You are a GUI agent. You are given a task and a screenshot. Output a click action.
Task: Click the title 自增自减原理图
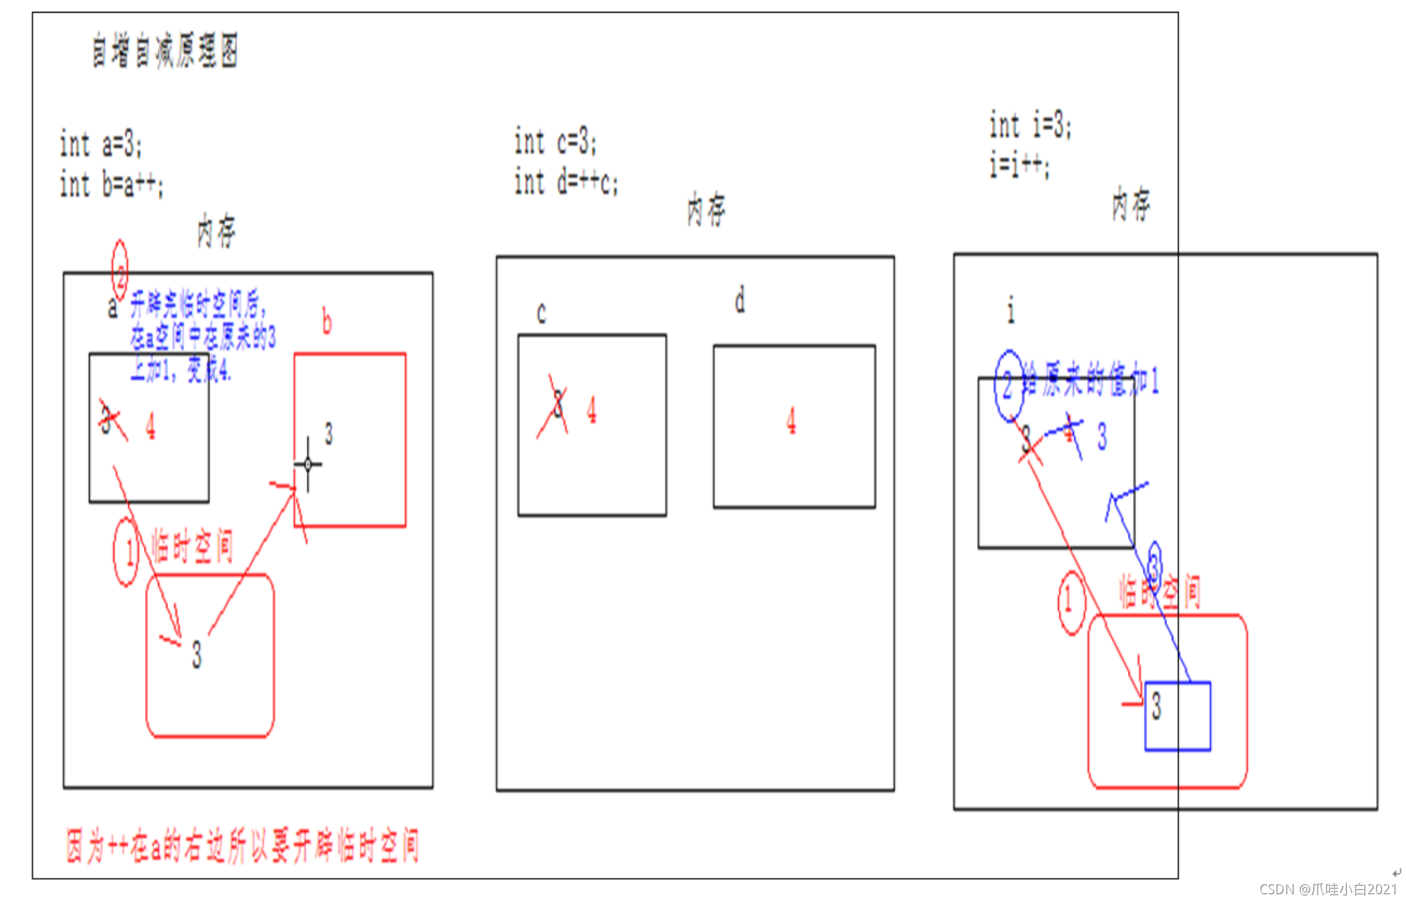(x=165, y=51)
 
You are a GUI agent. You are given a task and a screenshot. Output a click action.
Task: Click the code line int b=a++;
(x=111, y=185)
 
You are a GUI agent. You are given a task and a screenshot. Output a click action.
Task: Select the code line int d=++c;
(x=566, y=182)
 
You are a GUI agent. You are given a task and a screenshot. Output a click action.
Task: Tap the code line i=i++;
(x=1019, y=166)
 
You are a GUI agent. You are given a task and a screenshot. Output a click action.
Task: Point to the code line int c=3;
(x=555, y=142)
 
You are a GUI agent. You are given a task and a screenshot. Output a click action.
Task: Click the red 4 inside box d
(x=791, y=421)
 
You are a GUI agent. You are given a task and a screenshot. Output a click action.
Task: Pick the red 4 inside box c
(x=591, y=410)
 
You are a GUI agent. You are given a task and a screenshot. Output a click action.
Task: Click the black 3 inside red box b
(x=329, y=433)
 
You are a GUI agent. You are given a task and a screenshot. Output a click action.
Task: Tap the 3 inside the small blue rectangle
(x=1156, y=705)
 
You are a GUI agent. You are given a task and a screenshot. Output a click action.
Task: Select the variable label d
(x=739, y=301)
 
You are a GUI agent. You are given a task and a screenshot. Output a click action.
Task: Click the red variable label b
(x=327, y=322)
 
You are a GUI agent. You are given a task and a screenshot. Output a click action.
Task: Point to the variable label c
(x=541, y=312)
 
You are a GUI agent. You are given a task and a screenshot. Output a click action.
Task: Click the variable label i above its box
(x=1011, y=310)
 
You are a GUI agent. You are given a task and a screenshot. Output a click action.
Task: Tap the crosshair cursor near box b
(x=308, y=463)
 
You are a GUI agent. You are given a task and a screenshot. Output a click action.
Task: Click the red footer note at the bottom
(x=243, y=846)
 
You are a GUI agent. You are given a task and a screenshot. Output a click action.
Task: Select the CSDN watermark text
(x=1328, y=889)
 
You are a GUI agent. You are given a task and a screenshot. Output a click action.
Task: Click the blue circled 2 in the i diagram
(x=1008, y=384)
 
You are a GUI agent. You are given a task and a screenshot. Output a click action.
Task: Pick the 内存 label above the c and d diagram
(x=706, y=209)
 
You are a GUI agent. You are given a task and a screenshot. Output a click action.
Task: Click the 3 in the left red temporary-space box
(x=197, y=654)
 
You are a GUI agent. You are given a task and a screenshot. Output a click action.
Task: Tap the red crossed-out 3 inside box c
(x=558, y=406)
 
